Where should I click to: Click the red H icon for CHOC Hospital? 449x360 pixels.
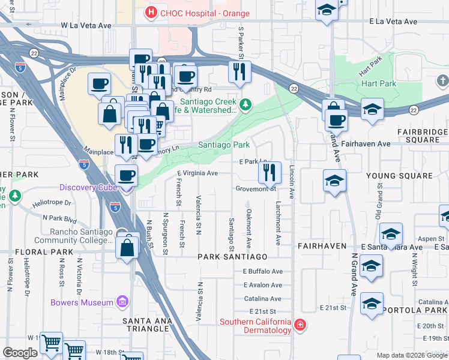click(150, 11)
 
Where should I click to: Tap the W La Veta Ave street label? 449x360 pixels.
click(86, 26)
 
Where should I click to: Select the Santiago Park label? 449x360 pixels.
click(224, 145)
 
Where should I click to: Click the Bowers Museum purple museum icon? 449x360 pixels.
click(122, 302)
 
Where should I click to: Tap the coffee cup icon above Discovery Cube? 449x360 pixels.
click(126, 175)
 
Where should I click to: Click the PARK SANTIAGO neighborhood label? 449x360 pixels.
click(232, 256)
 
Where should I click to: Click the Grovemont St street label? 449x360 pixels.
click(255, 188)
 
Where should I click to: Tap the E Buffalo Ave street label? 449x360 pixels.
click(262, 271)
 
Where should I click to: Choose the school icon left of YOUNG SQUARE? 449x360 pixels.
click(334, 180)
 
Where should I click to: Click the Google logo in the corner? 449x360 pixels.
click(20, 353)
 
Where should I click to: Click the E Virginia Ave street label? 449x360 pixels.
click(197, 173)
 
